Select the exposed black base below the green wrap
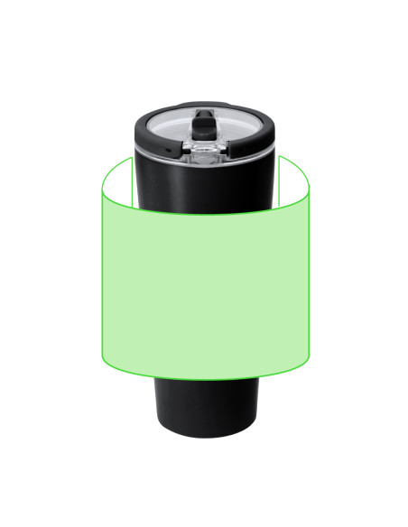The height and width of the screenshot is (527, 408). tap(203, 406)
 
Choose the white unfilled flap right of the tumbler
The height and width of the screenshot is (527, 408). tap(294, 180)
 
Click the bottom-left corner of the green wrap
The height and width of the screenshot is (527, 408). tap(102, 357)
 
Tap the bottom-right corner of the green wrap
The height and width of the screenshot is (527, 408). tap(309, 357)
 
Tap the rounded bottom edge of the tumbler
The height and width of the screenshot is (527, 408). tap(203, 436)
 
